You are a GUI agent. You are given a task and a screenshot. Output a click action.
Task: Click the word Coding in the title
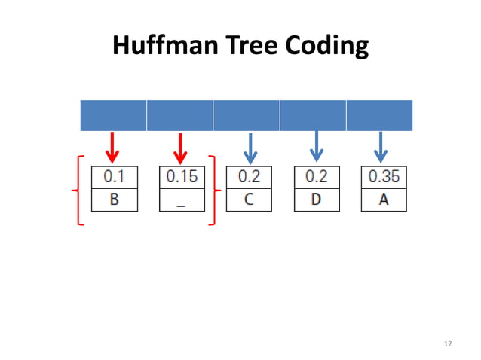tap(326, 46)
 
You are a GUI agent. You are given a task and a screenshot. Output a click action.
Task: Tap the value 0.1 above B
tap(114, 178)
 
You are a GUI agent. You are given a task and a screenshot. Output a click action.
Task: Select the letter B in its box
tap(114, 200)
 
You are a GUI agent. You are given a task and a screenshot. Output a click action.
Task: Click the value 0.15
tap(182, 178)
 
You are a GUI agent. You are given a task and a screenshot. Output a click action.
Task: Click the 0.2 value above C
tap(249, 178)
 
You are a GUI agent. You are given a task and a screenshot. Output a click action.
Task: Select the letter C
tap(249, 200)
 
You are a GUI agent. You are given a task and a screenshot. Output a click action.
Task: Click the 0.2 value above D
tap(316, 178)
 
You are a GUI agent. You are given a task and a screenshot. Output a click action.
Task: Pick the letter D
tap(316, 200)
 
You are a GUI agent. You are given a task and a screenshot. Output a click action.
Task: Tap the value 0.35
tap(383, 178)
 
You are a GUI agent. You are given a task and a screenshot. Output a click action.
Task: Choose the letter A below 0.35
tap(383, 200)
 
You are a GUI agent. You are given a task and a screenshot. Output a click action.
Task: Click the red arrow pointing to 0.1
tap(112, 148)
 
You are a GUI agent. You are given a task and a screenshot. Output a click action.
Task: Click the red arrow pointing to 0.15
tap(179, 148)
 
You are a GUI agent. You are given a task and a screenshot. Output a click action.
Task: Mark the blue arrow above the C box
tap(250, 148)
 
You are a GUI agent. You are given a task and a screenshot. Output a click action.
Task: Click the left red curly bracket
tap(76, 191)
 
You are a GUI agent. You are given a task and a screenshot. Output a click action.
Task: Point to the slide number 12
tap(448, 344)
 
